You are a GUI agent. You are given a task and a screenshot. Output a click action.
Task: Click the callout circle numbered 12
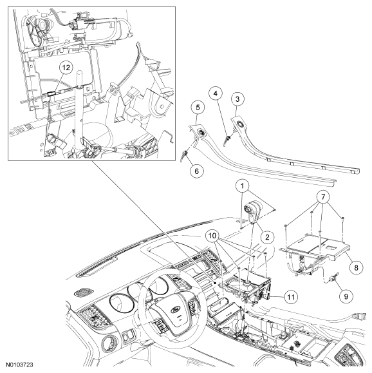[66, 68]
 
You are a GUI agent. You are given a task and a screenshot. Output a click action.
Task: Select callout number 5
[198, 108]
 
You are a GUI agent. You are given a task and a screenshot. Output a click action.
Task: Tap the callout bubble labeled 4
[216, 93]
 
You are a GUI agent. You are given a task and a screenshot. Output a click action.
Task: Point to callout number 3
[237, 99]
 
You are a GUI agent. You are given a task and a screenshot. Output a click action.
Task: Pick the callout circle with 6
[196, 171]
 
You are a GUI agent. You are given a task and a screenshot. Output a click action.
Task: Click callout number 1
[242, 186]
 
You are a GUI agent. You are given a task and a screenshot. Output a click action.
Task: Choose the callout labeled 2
[267, 237]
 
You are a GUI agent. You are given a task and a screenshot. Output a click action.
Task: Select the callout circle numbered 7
[323, 197]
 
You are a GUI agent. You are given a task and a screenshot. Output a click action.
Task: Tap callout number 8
[356, 267]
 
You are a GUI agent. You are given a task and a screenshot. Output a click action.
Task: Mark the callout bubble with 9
[346, 296]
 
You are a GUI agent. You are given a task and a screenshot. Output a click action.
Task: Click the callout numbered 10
[212, 236]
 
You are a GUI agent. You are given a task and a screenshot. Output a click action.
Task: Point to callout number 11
[291, 297]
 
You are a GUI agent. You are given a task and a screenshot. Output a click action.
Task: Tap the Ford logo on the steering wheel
[176, 311]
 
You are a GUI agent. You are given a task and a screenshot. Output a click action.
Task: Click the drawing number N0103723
[19, 365]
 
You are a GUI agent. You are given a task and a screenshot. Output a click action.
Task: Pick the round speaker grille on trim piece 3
[239, 124]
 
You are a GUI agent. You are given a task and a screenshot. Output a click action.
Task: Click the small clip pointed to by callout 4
[228, 139]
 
